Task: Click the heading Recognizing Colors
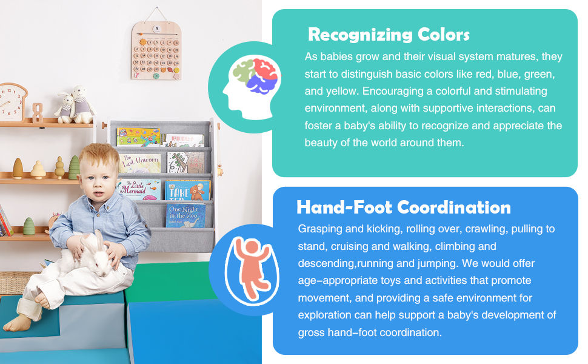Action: [389, 35]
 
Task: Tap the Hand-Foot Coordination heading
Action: [404, 207]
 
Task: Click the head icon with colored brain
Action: [250, 87]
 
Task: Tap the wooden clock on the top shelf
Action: [13, 102]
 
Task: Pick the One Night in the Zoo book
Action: [185, 215]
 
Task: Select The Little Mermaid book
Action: [139, 189]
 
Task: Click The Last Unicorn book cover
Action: [140, 163]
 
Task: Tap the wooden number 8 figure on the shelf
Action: [37, 113]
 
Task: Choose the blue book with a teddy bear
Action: [188, 190]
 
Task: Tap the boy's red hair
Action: [98, 155]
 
